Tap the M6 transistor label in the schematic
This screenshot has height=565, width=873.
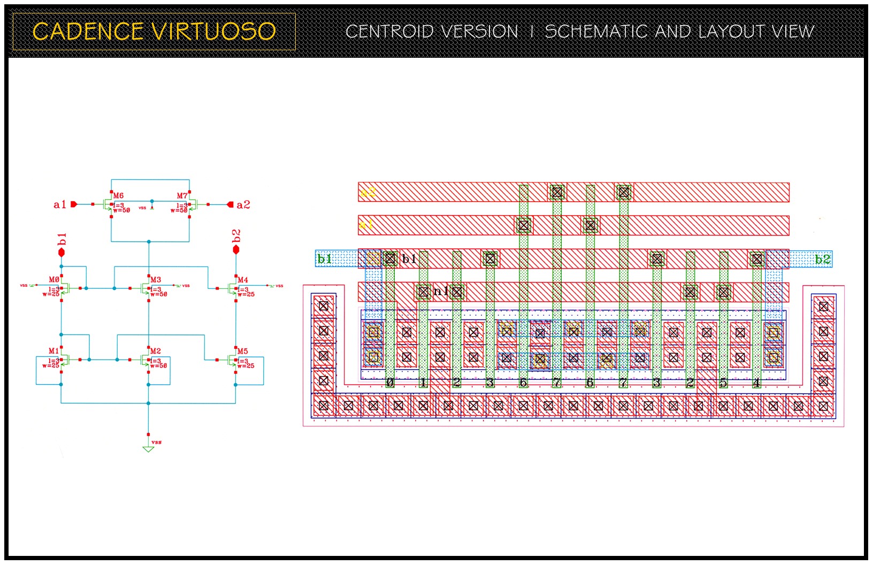click(118, 196)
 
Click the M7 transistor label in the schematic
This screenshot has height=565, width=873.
click(182, 196)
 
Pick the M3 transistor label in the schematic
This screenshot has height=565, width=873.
click(156, 280)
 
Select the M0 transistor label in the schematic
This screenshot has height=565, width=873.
click(54, 280)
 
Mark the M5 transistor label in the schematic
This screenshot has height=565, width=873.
click(243, 352)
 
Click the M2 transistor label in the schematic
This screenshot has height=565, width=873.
click(156, 351)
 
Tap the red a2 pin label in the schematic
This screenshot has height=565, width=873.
click(243, 204)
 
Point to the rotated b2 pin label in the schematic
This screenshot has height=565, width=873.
click(236, 236)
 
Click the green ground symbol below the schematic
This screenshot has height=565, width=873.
click(149, 449)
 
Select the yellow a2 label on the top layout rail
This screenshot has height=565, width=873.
click(368, 192)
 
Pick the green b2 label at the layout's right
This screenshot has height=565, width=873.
click(823, 259)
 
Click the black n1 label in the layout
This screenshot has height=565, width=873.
click(440, 291)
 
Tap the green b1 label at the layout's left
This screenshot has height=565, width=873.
click(325, 259)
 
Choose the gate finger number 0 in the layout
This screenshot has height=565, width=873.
click(390, 383)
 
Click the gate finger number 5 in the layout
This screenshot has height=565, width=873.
click(723, 383)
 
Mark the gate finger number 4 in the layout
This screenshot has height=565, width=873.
click(756, 383)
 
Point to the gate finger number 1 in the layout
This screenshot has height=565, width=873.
click(423, 383)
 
